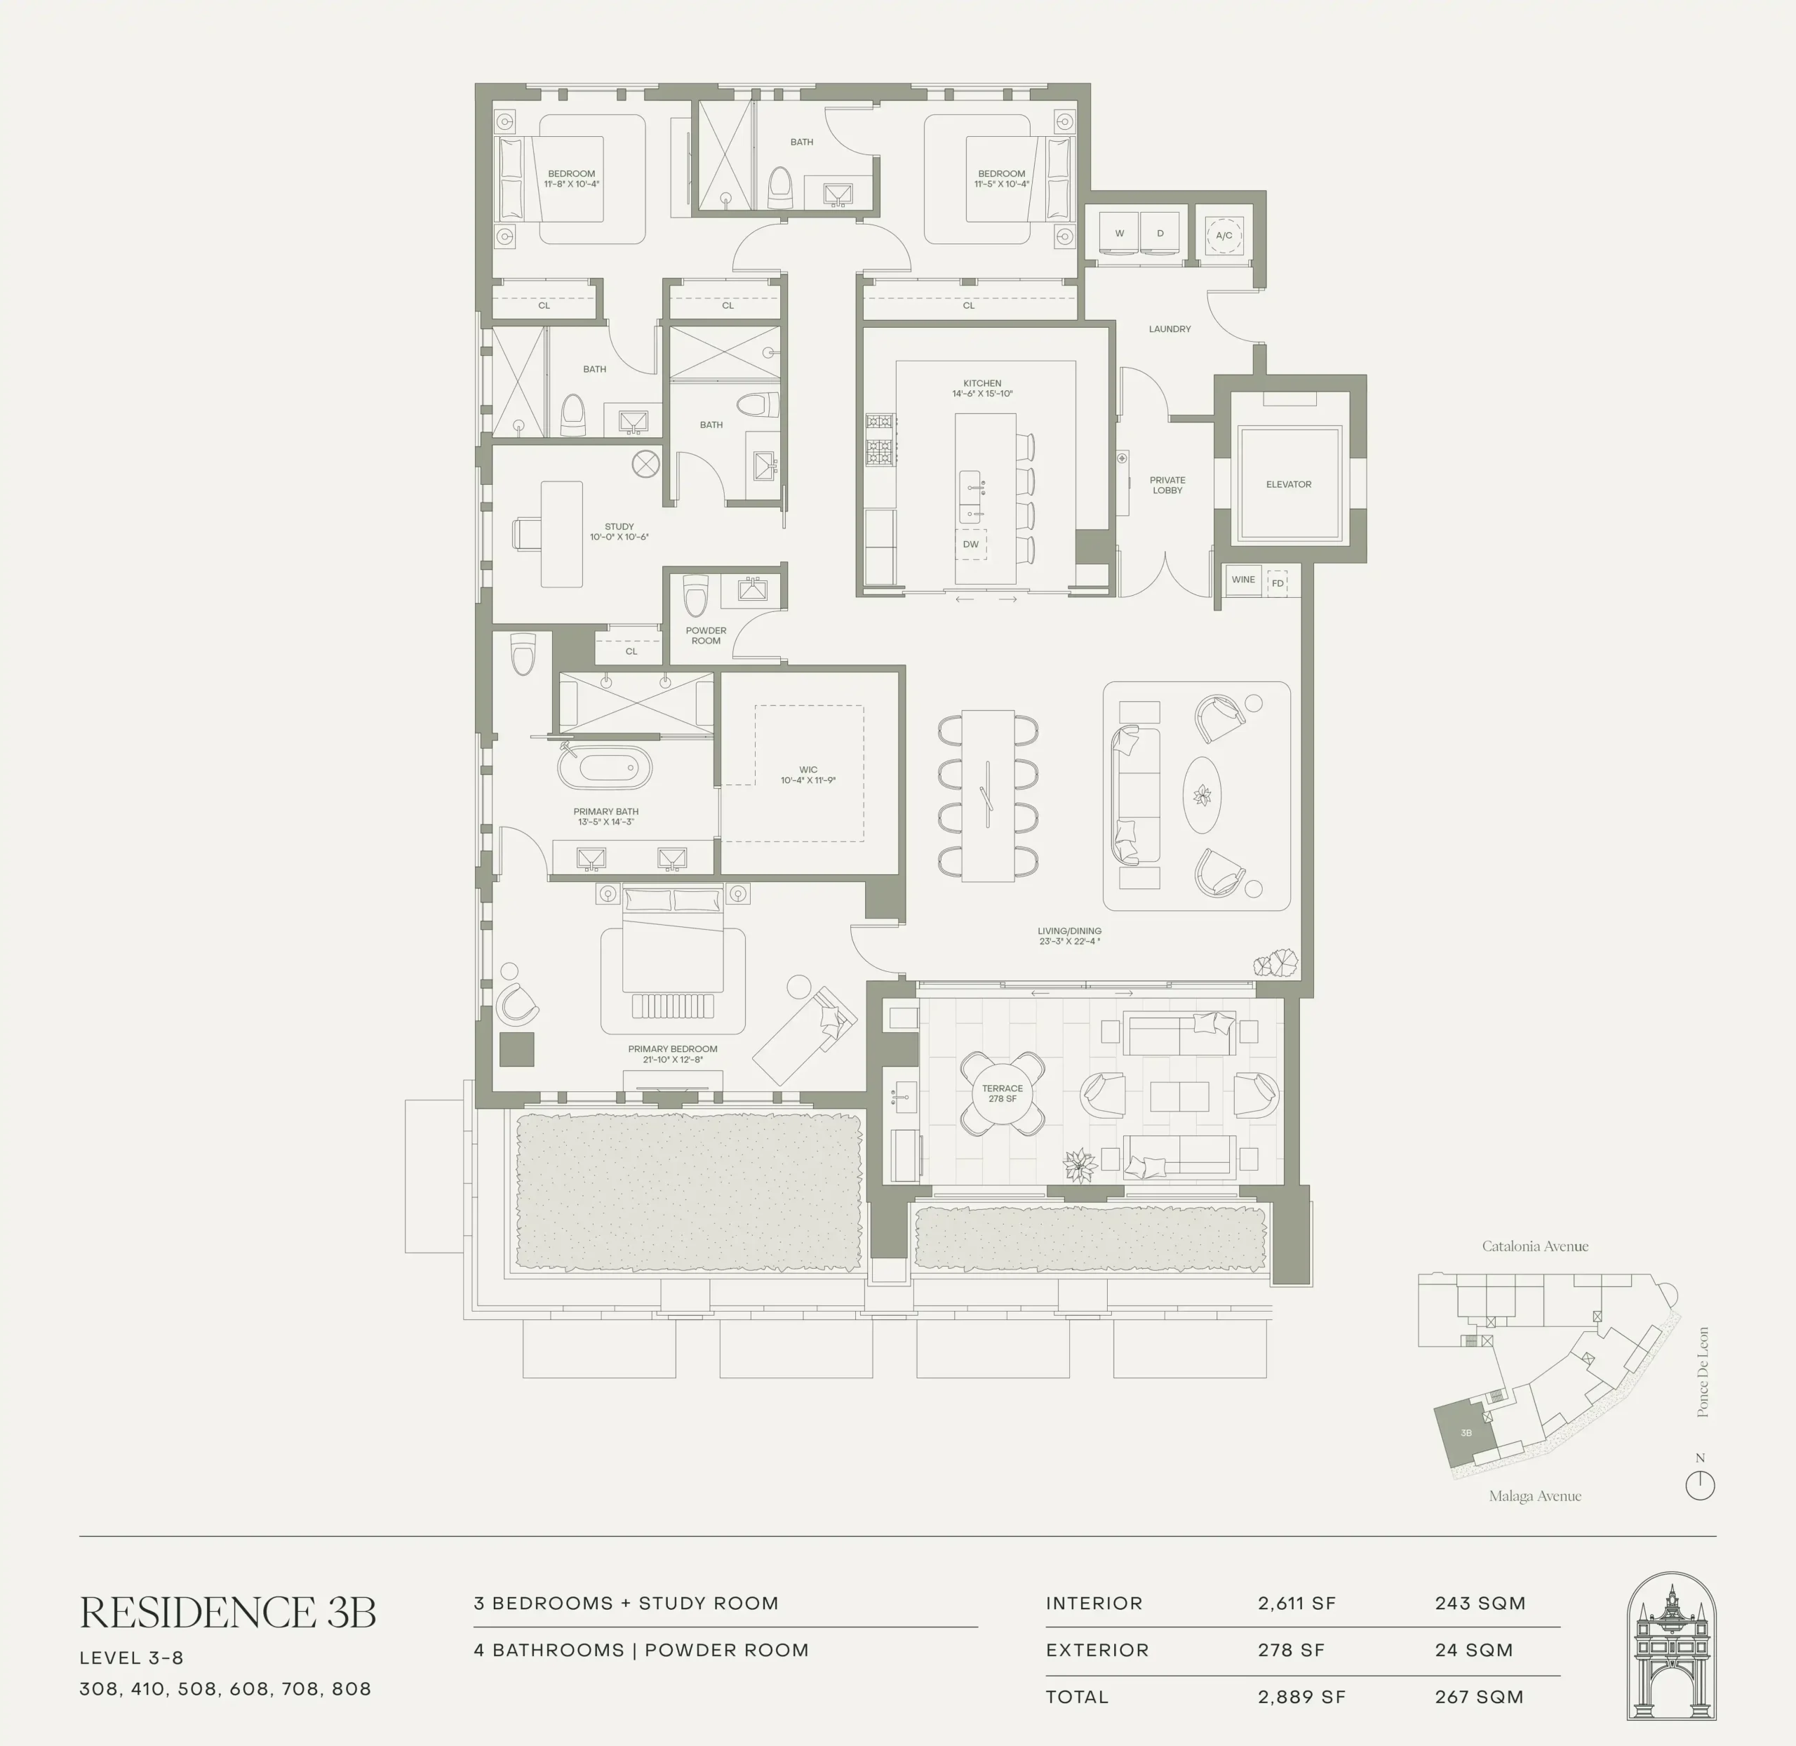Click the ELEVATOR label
(1288, 484)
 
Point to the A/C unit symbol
(1224, 236)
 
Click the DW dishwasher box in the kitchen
(971, 544)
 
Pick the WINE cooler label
(1243, 580)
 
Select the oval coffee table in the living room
(1202, 795)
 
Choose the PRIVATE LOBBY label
(1167, 485)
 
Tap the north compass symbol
(1700, 1485)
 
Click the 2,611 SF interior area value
(1296, 1603)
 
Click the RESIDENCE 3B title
(227, 1612)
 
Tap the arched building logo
(1670, 1646)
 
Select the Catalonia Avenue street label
(1535, 1246)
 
